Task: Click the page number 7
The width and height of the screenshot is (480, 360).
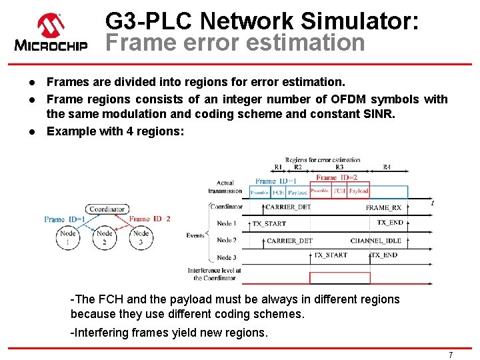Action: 451,355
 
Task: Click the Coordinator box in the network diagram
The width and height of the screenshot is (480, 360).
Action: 107,209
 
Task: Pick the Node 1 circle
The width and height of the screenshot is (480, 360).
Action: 68,238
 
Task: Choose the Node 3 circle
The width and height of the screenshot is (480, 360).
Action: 141,238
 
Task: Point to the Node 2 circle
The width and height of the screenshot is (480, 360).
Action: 105,238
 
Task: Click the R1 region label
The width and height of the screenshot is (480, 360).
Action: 278,167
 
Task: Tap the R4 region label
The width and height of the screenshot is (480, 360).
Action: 387,167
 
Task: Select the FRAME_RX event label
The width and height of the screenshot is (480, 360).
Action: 383,207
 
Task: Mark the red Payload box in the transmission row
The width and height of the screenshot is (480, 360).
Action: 359,191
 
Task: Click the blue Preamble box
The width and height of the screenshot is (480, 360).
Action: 259,192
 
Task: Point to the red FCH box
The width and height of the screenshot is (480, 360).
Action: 339,191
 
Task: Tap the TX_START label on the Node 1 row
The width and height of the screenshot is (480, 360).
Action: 269,224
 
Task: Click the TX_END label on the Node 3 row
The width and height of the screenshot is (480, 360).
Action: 384,255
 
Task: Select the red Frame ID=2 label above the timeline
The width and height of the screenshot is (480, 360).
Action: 337,178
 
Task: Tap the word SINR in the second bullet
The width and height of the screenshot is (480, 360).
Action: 380,114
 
